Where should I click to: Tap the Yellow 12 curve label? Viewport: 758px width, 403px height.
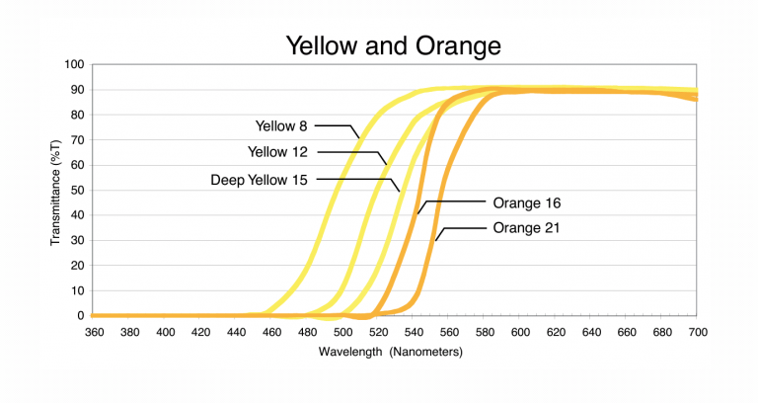278,152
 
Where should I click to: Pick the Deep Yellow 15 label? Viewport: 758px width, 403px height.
260,180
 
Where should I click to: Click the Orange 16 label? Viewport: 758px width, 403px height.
526,203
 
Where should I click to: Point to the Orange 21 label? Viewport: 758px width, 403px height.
526,228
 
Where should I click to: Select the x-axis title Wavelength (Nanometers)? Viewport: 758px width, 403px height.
393,352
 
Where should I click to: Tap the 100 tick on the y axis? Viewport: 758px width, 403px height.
74,64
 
